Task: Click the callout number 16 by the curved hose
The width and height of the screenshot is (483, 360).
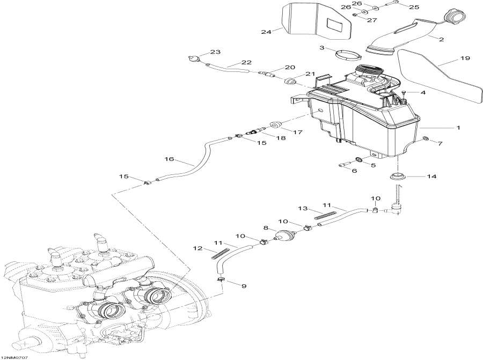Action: pyautogui.click(x=169, y=159)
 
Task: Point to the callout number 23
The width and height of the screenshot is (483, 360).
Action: pyautogui.click(x=215, y=52)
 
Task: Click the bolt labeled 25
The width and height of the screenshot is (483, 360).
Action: pyautogui.click(x=393, y=3)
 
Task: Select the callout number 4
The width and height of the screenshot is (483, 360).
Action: pyautogui.click(x=422, y=93)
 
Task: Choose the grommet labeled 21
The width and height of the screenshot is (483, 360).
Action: pyautogui.click(x=292, y=81)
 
